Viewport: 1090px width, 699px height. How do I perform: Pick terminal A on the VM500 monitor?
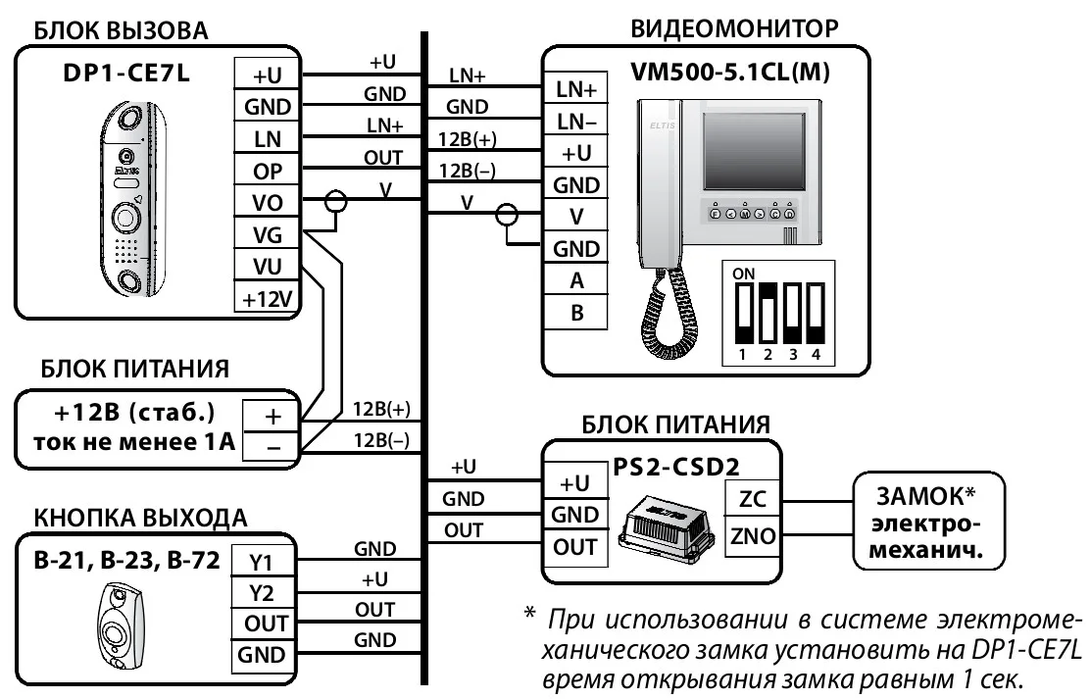pos(575,281)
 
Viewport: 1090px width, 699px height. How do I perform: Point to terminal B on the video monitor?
pos(575,314)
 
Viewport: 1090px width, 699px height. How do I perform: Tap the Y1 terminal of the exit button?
pos(261,562)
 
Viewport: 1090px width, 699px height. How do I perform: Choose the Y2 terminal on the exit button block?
pos(261,592)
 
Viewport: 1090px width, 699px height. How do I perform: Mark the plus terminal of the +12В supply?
pos(271,415)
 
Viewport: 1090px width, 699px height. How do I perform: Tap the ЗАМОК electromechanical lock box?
pos(924,521)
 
